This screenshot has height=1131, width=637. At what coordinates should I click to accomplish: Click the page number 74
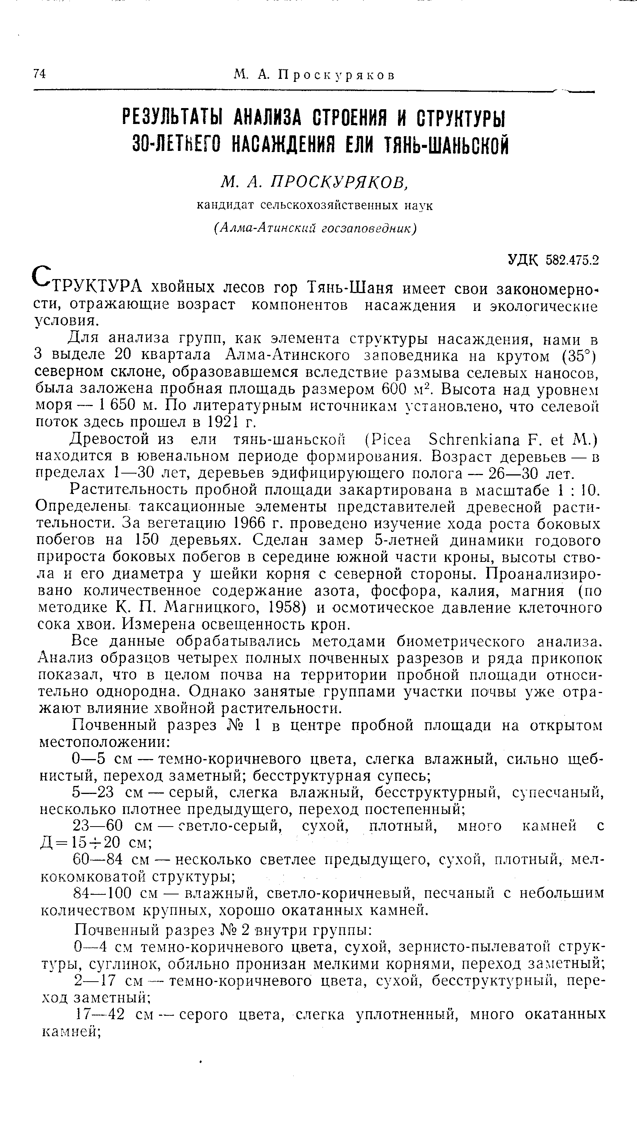coord(39,74)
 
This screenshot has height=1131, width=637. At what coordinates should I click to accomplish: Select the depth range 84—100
coord(101,893)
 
